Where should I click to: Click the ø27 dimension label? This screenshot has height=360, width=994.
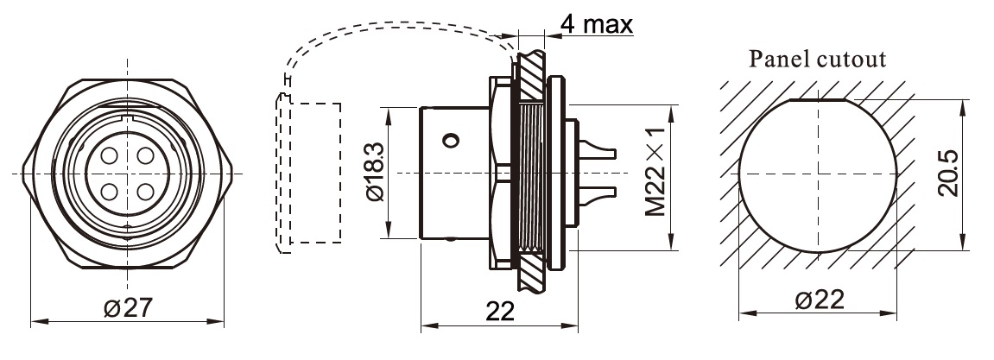pyautogui.click(x=128, y=306)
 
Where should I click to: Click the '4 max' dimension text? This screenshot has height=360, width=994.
pyautogui.click(x=596, y=23)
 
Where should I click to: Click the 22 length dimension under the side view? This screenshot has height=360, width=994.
pyautogui.click(x=499, y=310)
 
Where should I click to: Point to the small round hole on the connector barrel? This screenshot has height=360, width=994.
pyautogui.click(x=451, y=139)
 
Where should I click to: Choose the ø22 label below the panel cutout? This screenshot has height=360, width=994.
pyautogui.click(x=818, y=300)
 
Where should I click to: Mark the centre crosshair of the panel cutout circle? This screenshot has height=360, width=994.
pyautogui.click(x=818, y=175)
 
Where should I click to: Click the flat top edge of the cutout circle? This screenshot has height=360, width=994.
pyautogui.click(x=818, y=100)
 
